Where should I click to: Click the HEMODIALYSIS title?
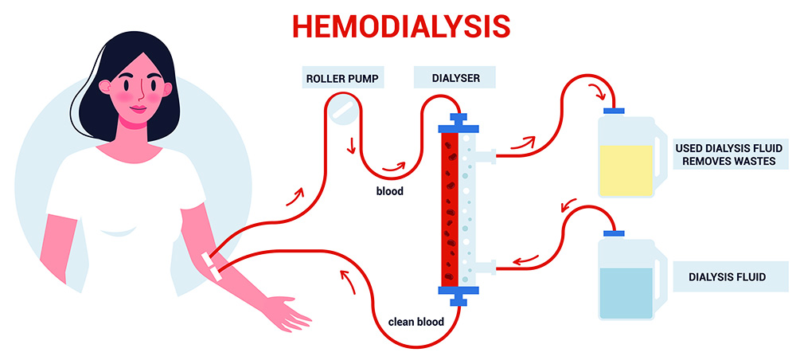pos(401,25)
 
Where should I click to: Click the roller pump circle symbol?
pos(342,110)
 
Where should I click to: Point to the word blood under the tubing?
pos(390,191)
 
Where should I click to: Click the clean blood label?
pos(416,322)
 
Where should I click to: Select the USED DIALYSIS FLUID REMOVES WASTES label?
pos(729,155)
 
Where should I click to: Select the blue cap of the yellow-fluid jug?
pos(614,110)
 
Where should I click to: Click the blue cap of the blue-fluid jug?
pos(614,233)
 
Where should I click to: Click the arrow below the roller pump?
pos(350,147)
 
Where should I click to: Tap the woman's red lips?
pos(139,108)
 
